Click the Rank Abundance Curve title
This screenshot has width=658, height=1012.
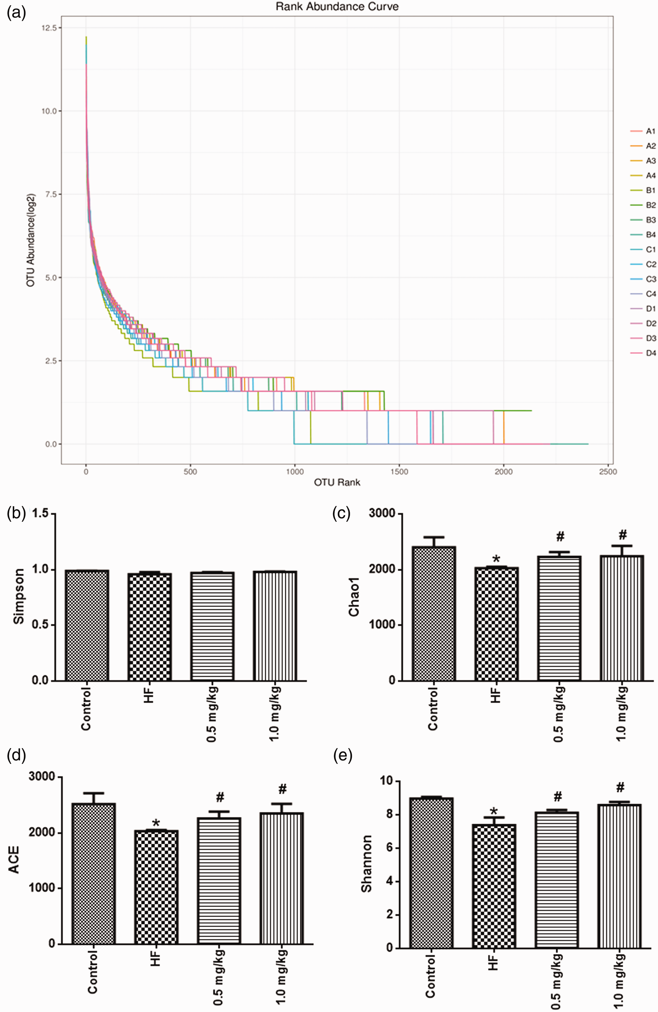(337, 7)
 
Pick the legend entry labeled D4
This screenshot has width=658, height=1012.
(643, 353)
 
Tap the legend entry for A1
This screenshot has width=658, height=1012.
(643, 131)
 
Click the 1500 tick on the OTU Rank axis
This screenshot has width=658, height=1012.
(399, 471)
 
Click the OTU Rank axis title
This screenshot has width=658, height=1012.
(337, 482)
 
